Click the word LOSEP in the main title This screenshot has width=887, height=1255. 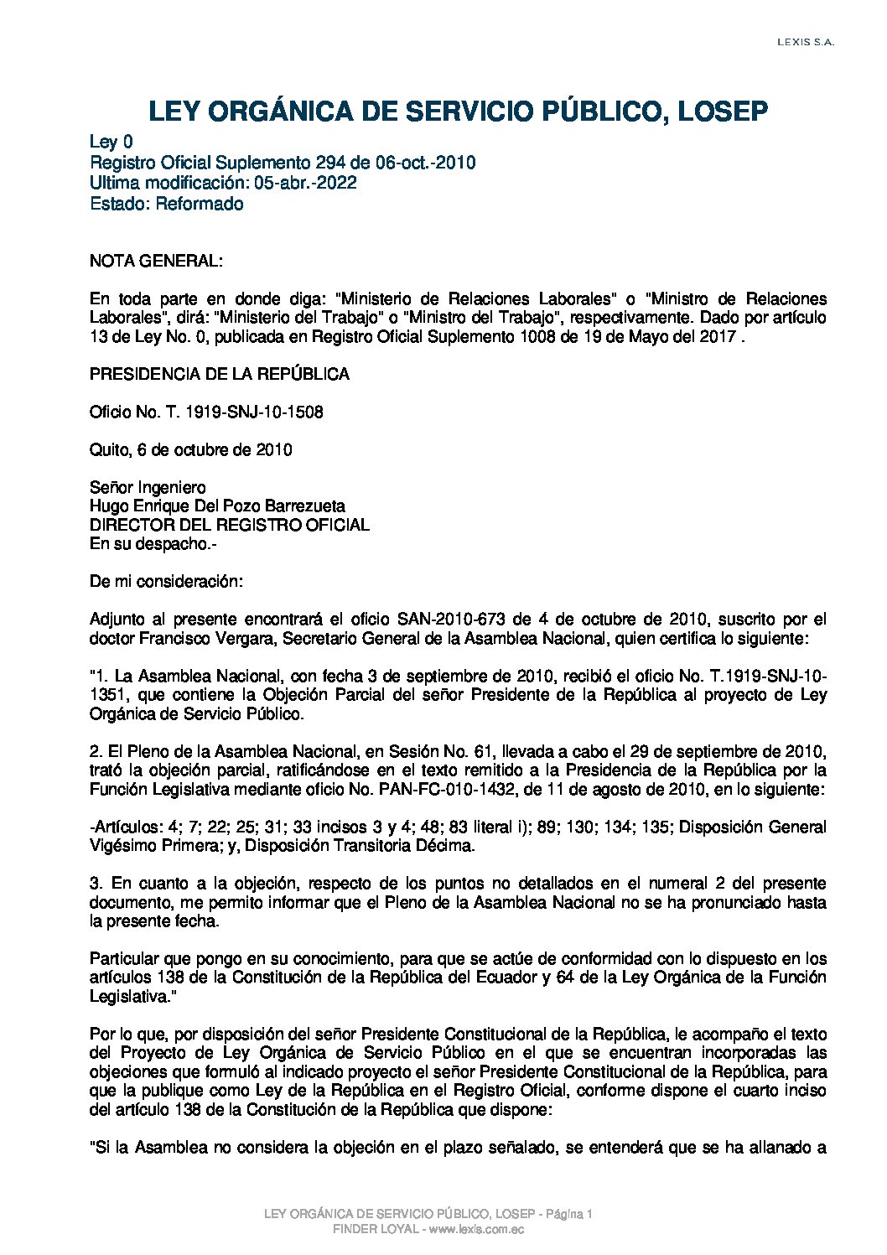point(722,111)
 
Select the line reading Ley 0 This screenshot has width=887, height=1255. point(111,143)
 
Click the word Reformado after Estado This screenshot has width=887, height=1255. point(200,204)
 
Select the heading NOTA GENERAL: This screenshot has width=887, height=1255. point(156,261)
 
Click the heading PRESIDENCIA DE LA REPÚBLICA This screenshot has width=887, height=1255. point(220,374)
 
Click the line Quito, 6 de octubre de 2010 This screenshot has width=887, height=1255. point(191,449)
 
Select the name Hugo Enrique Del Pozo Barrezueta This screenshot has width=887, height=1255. point(217,506)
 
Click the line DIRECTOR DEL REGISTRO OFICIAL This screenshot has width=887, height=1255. point(229,525)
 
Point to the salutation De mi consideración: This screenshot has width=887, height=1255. point(166,581)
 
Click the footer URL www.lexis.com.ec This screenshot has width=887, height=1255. point(476,1229)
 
